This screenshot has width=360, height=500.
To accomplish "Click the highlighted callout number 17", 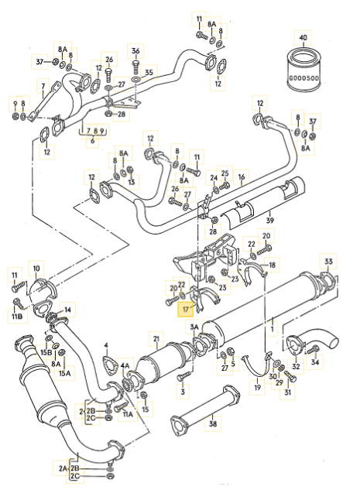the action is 185,310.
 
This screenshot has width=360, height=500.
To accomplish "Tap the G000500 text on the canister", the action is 303,78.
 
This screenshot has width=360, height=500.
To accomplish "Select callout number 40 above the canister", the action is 303,38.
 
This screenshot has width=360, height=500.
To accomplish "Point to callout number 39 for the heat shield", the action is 269,221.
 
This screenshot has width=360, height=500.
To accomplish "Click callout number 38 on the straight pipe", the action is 213,423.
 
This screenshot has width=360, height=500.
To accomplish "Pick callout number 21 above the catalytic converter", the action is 156,339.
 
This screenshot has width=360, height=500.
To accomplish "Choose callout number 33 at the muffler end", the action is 328,262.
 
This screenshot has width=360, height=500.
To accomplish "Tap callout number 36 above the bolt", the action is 135,51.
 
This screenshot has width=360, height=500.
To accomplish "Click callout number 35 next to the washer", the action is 149,73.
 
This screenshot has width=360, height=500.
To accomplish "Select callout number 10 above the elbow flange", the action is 36,269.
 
